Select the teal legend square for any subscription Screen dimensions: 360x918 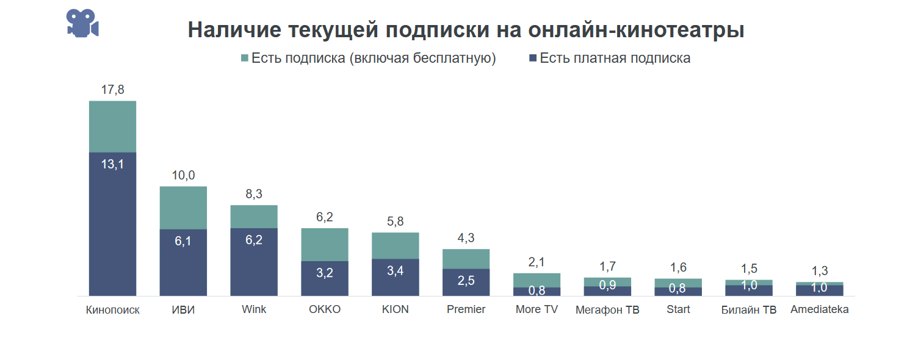click(x=245, y=58)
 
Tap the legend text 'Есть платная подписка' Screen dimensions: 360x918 click(x=615, y=58)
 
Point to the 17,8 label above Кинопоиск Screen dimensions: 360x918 click(x=112, y=90)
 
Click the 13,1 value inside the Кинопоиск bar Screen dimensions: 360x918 click(x=112, y=164)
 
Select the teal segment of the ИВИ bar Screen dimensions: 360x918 click(x=183, y=207)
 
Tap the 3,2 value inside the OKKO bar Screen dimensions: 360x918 click(x=325, y=273)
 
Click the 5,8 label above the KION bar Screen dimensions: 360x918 click(x=396, y=221)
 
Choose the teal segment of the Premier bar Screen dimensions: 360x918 click(x=466, y=259)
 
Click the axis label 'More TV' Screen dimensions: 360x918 click(x=537, y=309)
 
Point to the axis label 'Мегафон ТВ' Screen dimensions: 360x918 click(x=607, y=310)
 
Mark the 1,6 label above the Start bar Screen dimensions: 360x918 click(x=678, y=267)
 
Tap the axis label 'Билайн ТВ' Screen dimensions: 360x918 click(x=749, y=310)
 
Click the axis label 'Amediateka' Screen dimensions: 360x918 click(x=820, y=309)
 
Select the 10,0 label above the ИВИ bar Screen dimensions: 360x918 click(x=183, y=176)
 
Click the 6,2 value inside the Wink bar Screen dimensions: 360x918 click(x=254, y=240)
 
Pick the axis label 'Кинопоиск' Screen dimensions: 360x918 click(x=113, y=310)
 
